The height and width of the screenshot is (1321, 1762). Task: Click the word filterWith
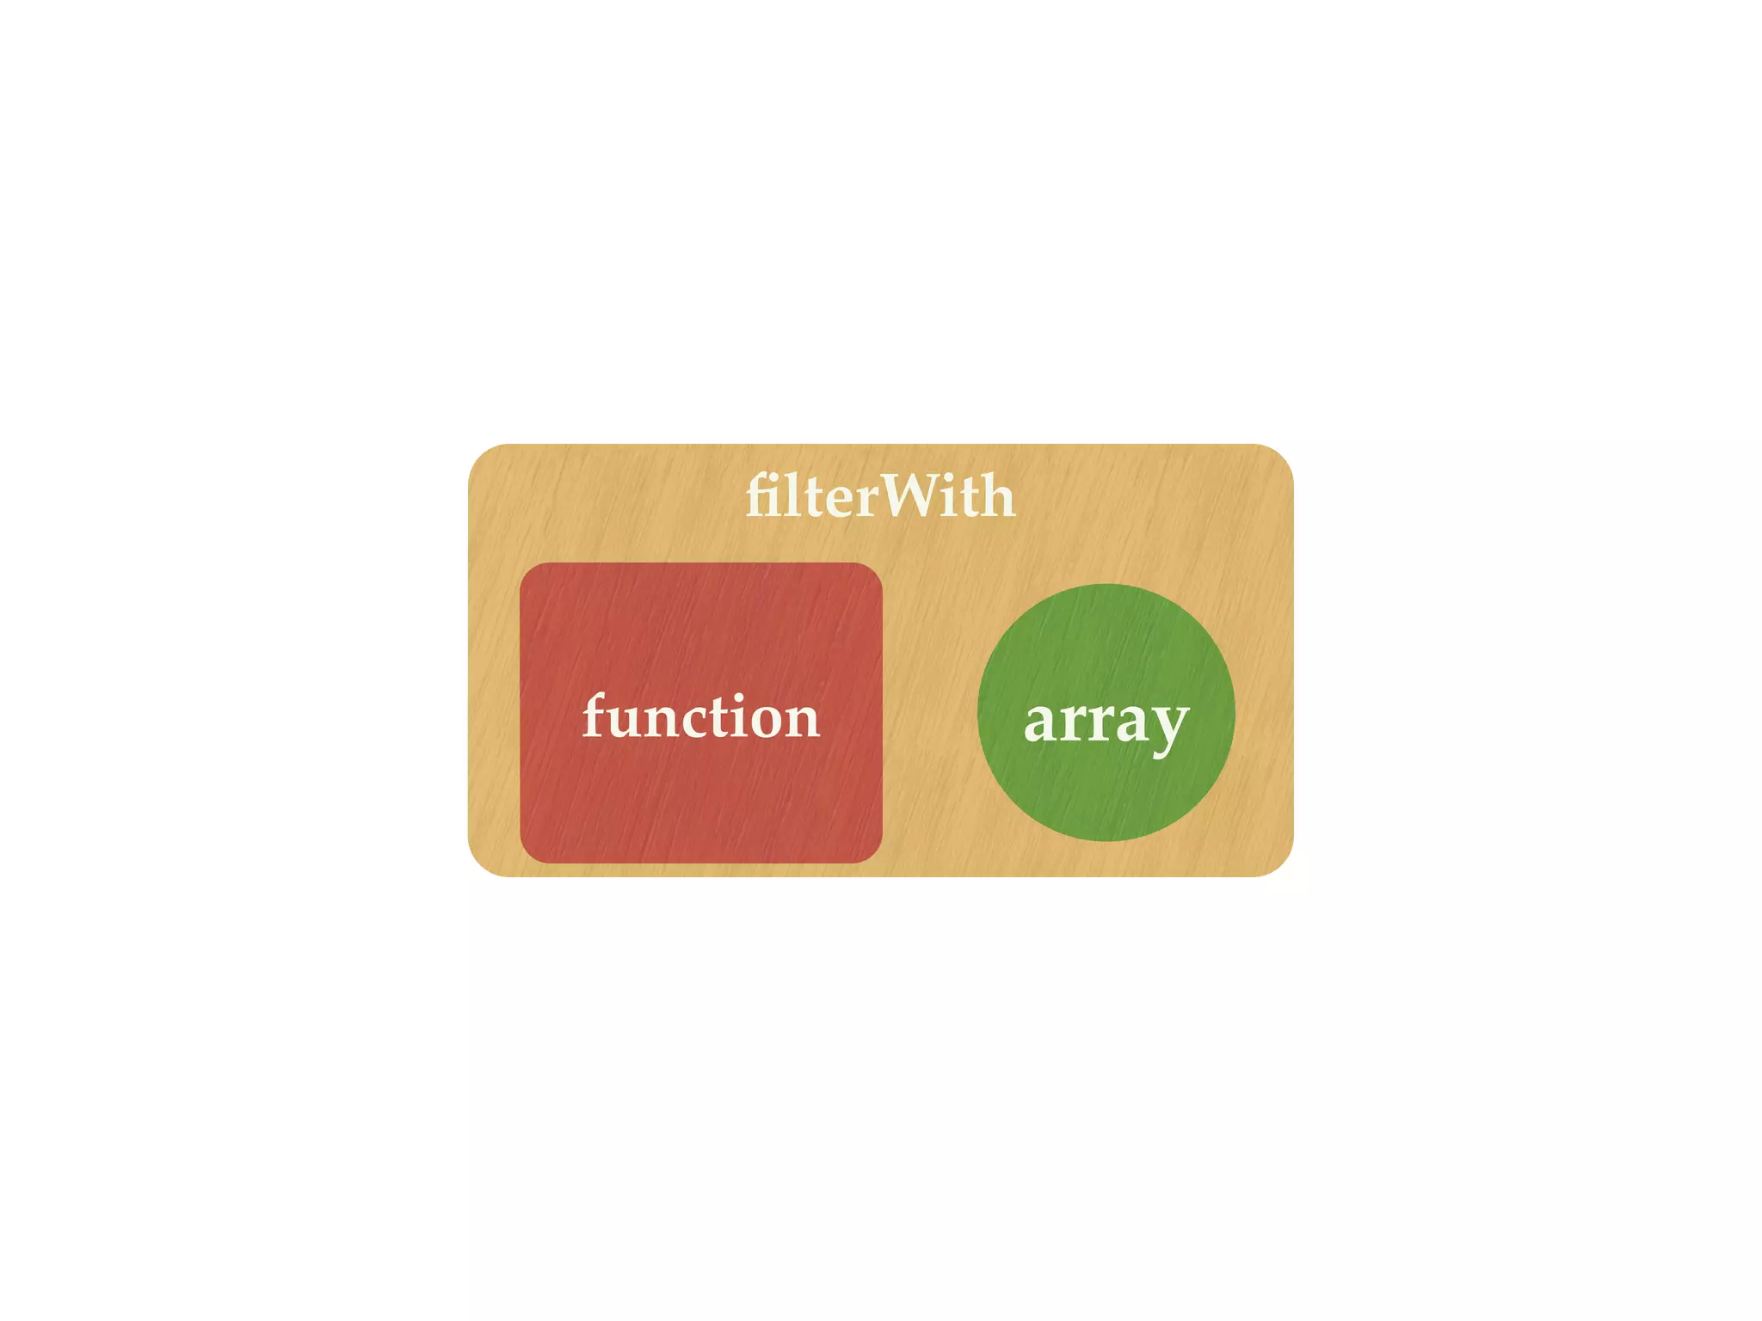[879, 496]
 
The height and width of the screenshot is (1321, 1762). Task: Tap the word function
[700, 716]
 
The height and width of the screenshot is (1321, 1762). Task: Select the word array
[1106, 721]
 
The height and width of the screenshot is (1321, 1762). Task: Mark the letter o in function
[765, 721]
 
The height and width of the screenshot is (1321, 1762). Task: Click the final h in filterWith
[998, 496]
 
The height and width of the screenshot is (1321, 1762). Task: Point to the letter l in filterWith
[789, 496]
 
